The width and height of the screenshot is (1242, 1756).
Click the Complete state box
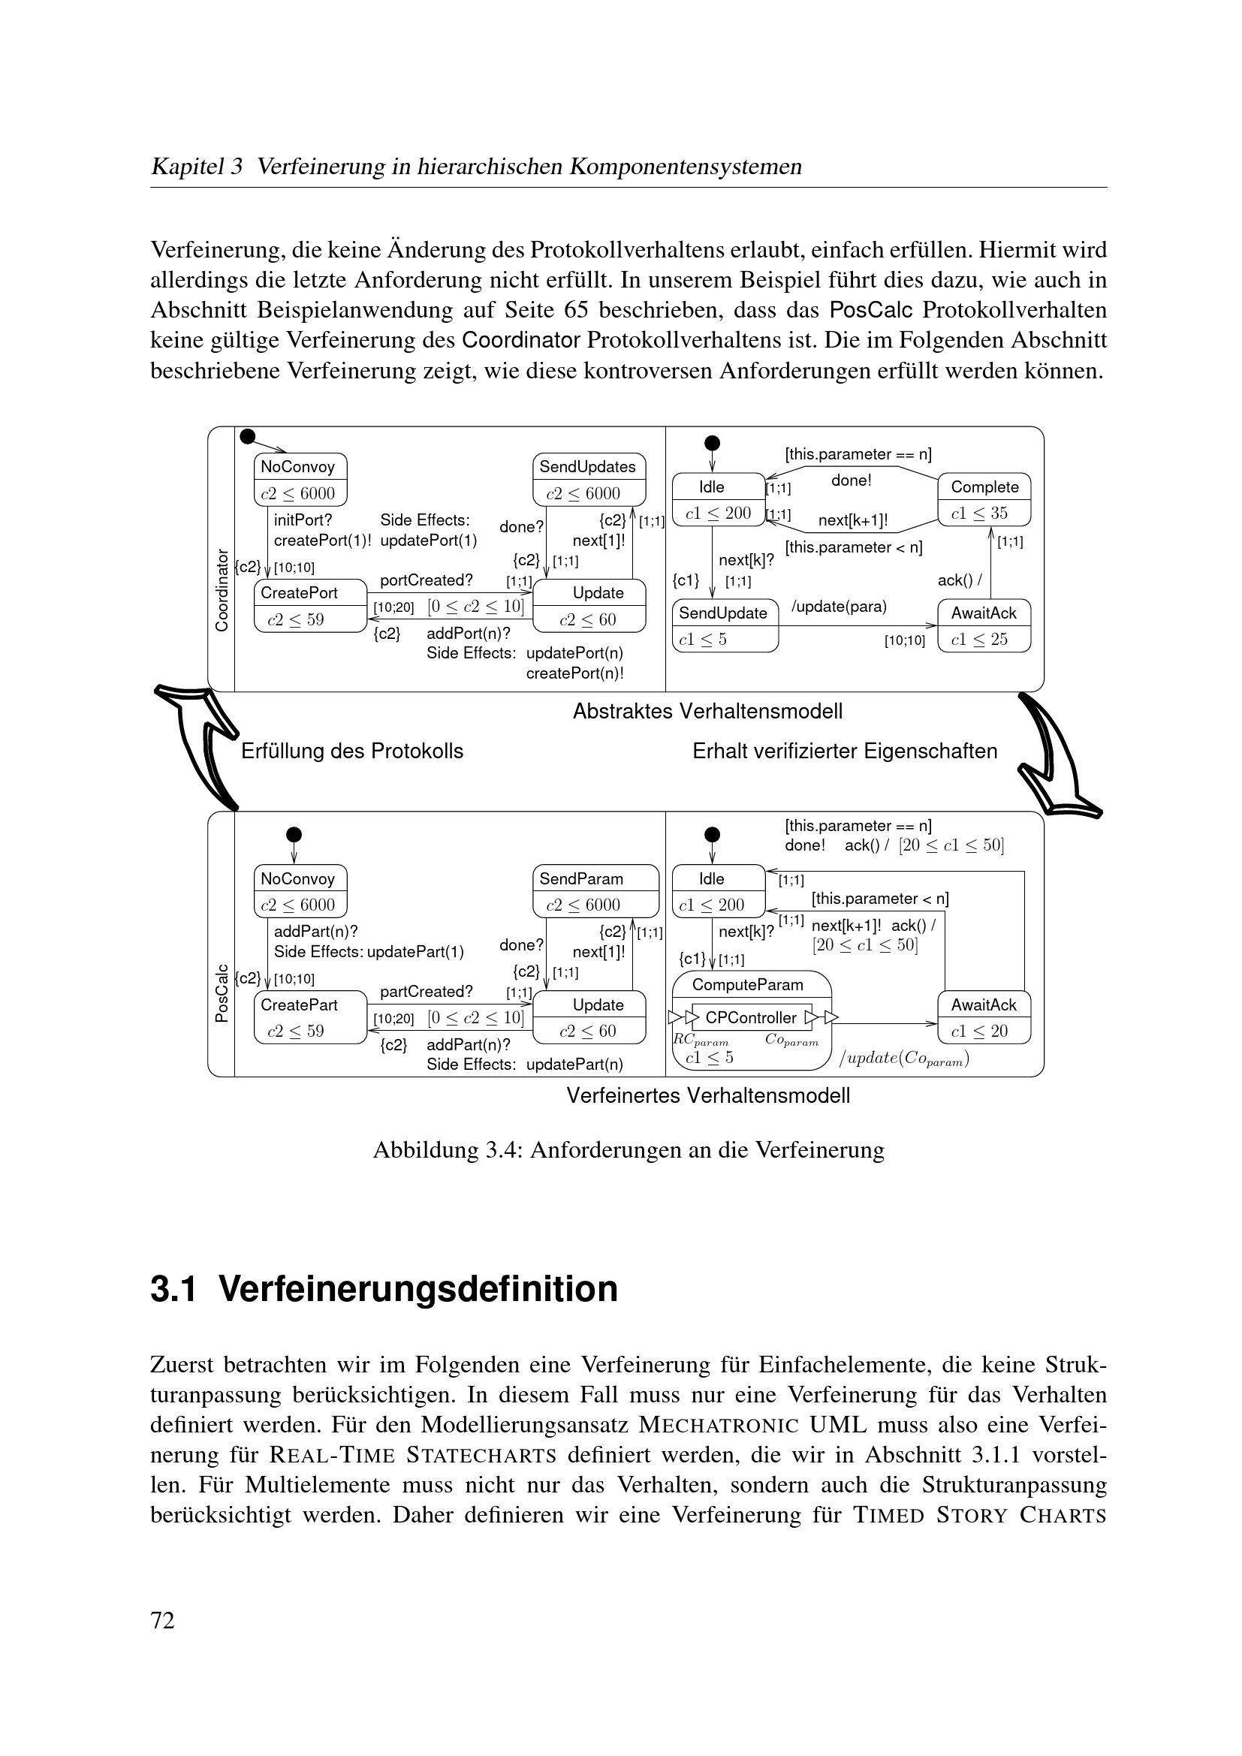[x=984, y=499]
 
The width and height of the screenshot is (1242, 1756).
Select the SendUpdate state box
[x=724, y=625]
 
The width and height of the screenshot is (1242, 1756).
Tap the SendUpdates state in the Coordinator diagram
[x=589, y=480]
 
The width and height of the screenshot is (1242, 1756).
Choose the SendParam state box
[x=595, y=891]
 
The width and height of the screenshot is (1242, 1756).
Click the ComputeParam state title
[x=747, y=985]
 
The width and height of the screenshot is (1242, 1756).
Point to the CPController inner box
[x=751, y=1017]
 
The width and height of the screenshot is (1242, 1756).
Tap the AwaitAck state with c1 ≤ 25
[x=984, y=625]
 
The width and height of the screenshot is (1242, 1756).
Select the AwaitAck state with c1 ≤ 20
[x=984, y=1017]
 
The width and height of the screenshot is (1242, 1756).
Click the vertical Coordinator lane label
[x=222, y=589]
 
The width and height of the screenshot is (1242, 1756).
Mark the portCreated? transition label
[x=426, y=580]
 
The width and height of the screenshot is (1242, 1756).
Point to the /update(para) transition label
[x=839, y=607]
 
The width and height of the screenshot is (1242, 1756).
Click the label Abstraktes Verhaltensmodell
[x=707, y=711]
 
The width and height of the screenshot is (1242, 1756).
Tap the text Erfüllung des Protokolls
[x=351, y=751]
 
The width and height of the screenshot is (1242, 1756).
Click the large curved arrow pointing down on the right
[x=1060, y=753]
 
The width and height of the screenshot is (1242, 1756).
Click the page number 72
[x=163, y=1620]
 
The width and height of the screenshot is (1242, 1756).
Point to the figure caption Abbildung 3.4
[x=628, y=1149]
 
